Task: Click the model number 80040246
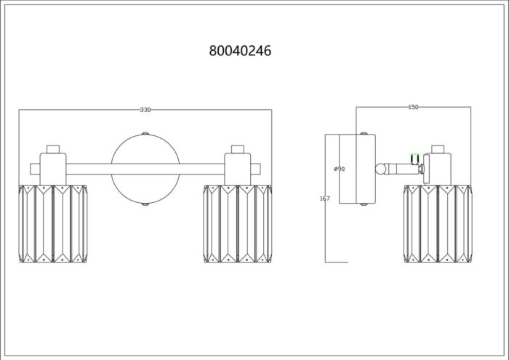[x=240, y=51]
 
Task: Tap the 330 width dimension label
[x=145, y=110]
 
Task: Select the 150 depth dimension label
[x=413, y=107]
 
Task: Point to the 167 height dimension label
[x=325, y=199]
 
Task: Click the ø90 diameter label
[x=340, y=169]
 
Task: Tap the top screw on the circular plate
[x=145, y=133]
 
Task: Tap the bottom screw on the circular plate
[x=145, y=204]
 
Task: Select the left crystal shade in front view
[x=53, y=224]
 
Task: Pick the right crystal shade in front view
[x=238, y=224]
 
